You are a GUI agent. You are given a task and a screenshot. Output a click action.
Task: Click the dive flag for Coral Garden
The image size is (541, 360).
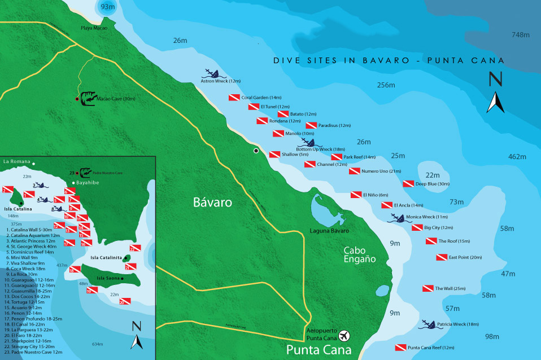click(x=234, y=98)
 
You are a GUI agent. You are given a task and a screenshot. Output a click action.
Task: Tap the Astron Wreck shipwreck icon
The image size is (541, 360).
click(x=214, y=73)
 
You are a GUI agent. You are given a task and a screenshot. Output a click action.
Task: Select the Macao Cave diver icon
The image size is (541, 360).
click(x=88, y=99)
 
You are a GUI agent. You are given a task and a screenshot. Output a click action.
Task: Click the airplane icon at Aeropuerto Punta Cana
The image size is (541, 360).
click(x=344, y=336)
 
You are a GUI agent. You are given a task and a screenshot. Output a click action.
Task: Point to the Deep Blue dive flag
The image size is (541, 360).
click(x=408, y=184)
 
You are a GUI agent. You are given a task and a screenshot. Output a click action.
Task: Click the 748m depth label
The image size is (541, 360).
click(x=520, y=35)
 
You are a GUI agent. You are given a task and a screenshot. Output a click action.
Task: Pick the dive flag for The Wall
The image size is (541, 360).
click(x=428, y=289)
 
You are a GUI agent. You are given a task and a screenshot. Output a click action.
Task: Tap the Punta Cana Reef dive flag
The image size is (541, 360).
click(x=400, y=348)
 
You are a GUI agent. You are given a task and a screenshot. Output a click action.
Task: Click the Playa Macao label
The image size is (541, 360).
click(x=94, y=28)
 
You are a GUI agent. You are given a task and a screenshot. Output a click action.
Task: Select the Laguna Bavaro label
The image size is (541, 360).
click(x=330, y=231)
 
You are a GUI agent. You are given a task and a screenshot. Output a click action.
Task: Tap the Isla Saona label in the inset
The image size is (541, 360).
click(x=108, y=278)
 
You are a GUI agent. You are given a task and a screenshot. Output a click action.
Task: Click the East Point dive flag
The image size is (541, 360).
click(x=442, y=257)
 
